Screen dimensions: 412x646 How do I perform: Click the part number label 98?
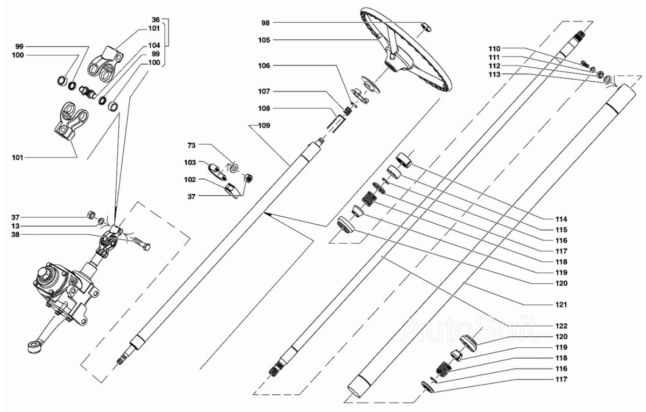tap(265, 23)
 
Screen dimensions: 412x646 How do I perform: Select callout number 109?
tap(265, 125)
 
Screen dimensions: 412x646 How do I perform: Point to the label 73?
tap(192, 145)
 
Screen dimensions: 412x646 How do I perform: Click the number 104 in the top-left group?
tap(154, 46)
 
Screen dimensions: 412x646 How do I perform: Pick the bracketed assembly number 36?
tap(156, 20)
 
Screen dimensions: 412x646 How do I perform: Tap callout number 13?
tap(16, 226)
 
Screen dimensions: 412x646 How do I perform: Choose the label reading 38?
tap(16, 235)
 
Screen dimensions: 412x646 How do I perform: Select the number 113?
tap(495, 74)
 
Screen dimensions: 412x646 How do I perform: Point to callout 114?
tap(562, 219)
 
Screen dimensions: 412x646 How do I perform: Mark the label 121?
tap(562, 305)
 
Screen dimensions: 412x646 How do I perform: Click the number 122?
tap(562, 326)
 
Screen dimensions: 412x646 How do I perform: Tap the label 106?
tap(265, 66)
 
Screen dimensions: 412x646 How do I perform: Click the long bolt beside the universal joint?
tap(138, 245)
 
